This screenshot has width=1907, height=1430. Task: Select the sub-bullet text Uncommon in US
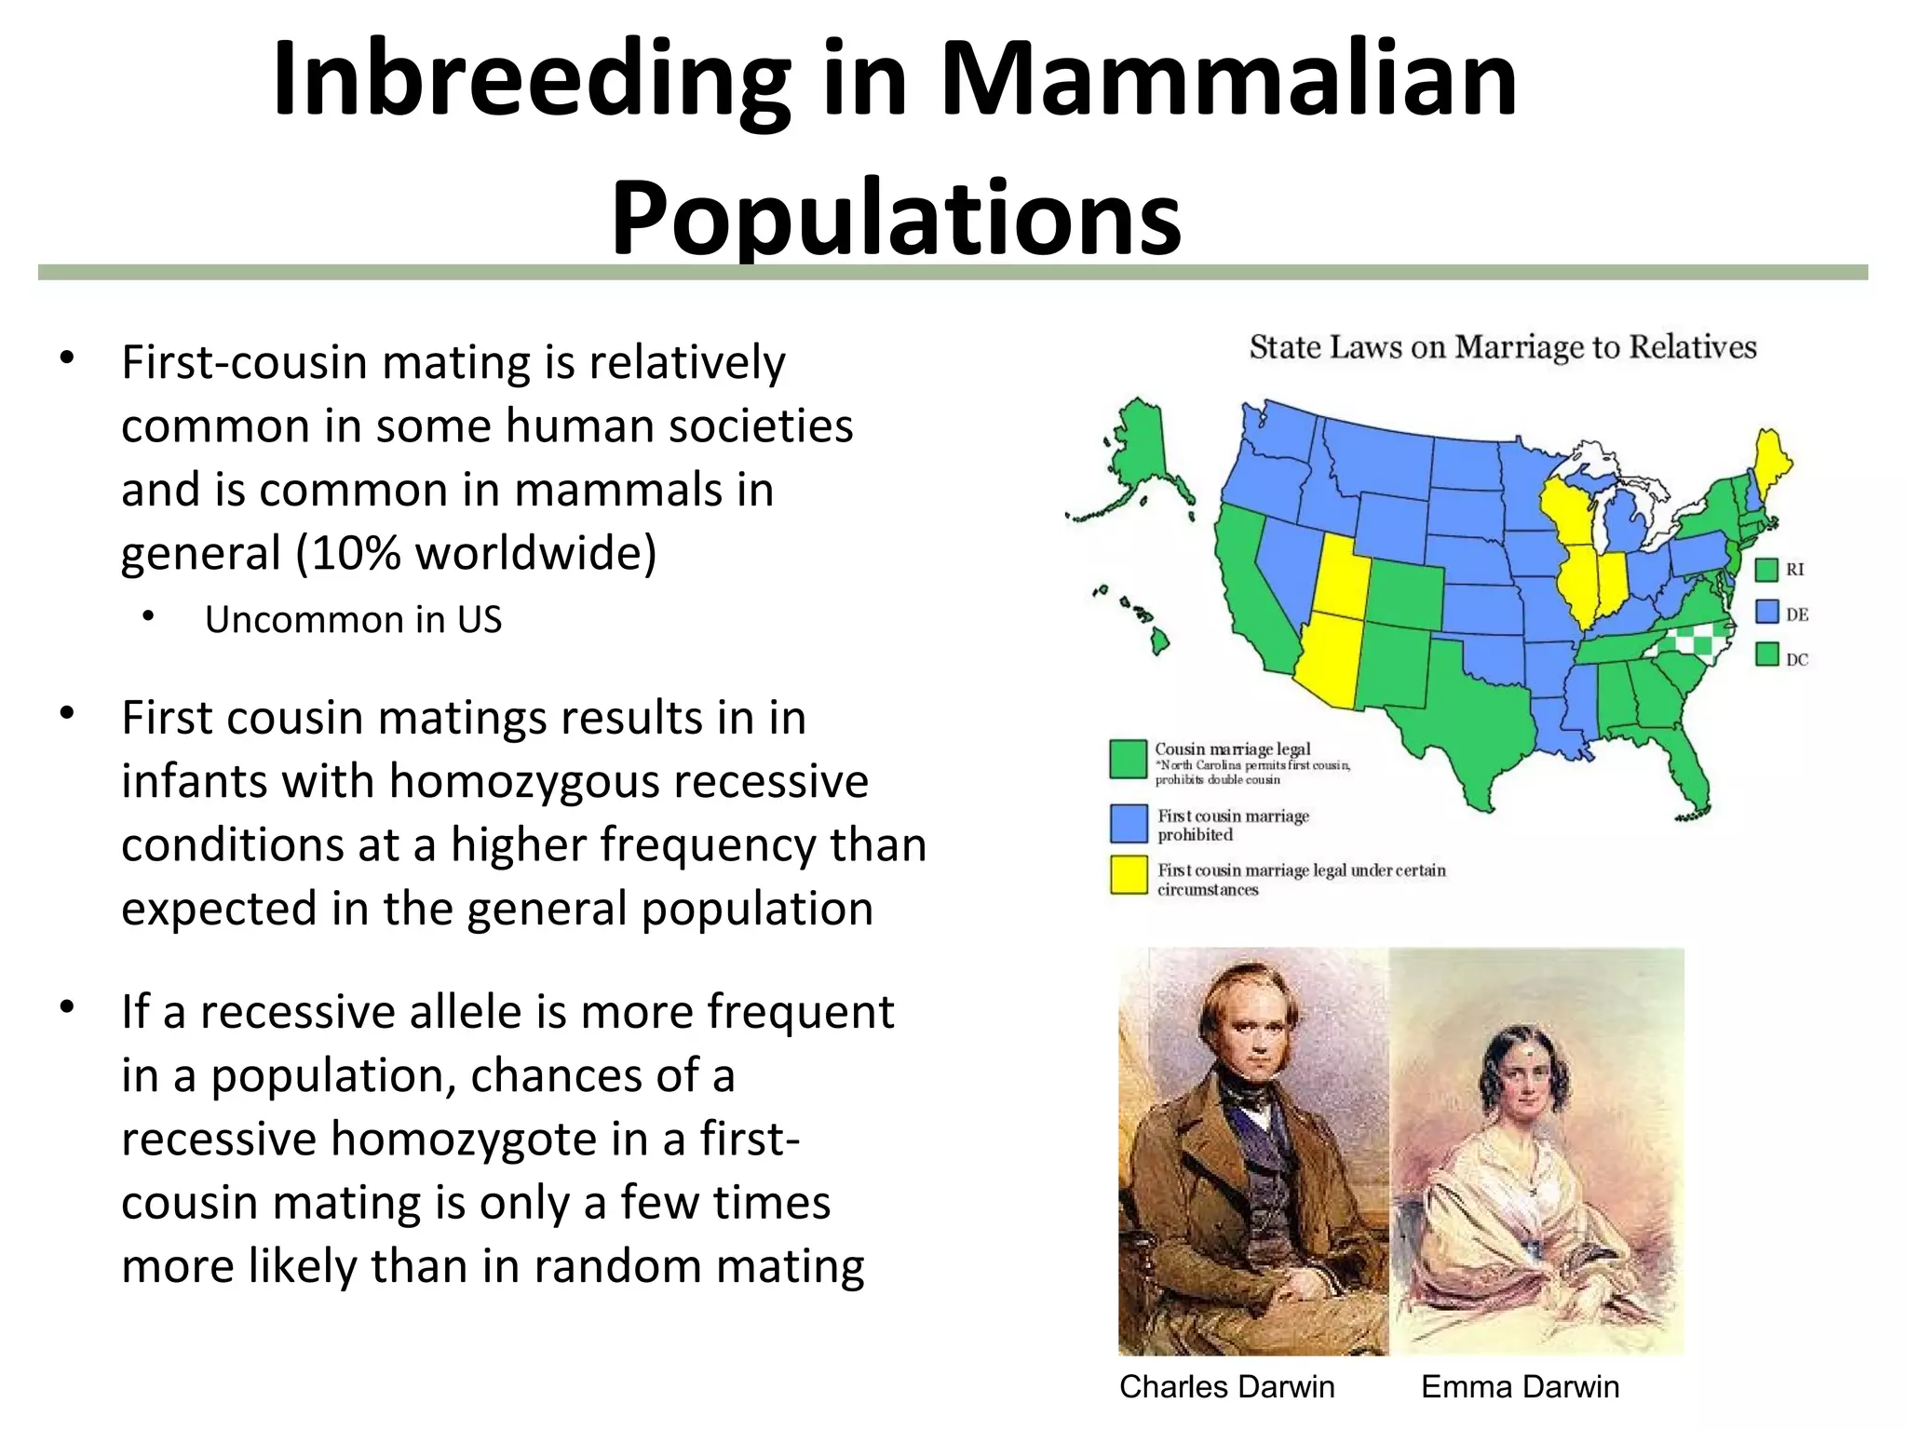tap(353, 620)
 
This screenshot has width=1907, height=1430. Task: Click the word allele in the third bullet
tap(452, 1012)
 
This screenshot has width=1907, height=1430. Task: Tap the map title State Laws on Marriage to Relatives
tap(1502, 347)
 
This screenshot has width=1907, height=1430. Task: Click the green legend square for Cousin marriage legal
tap(1128, 759)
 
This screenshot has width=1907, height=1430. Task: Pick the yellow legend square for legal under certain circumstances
tap(1129, 875)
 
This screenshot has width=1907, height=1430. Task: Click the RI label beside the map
tap(1794, 570)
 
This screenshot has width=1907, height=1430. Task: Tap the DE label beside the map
tap(1796, 614)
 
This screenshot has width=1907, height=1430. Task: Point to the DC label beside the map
tap(1796, 659)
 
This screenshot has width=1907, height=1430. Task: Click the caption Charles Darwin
tap(1226, 1386)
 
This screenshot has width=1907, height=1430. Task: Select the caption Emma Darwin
tap(1520, 1386)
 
